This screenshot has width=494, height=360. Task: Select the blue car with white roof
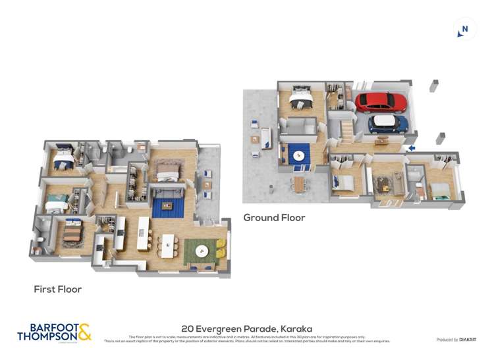point(388,124)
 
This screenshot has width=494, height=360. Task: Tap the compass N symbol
point(464,29)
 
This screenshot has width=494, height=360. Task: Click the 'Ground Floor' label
point(274,217)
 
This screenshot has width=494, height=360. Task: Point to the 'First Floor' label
point(58,289)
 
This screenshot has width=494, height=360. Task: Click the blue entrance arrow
point(411,148)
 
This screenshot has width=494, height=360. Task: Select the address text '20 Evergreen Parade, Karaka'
point(246,328)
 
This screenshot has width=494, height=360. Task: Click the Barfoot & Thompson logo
point(54,332)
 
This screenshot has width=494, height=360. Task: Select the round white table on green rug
point(202,251)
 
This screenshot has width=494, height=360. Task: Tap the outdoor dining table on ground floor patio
point(299,184)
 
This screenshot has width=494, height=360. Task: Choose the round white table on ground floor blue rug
point(299,156)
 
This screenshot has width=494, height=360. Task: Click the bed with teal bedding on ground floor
point(440,190)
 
